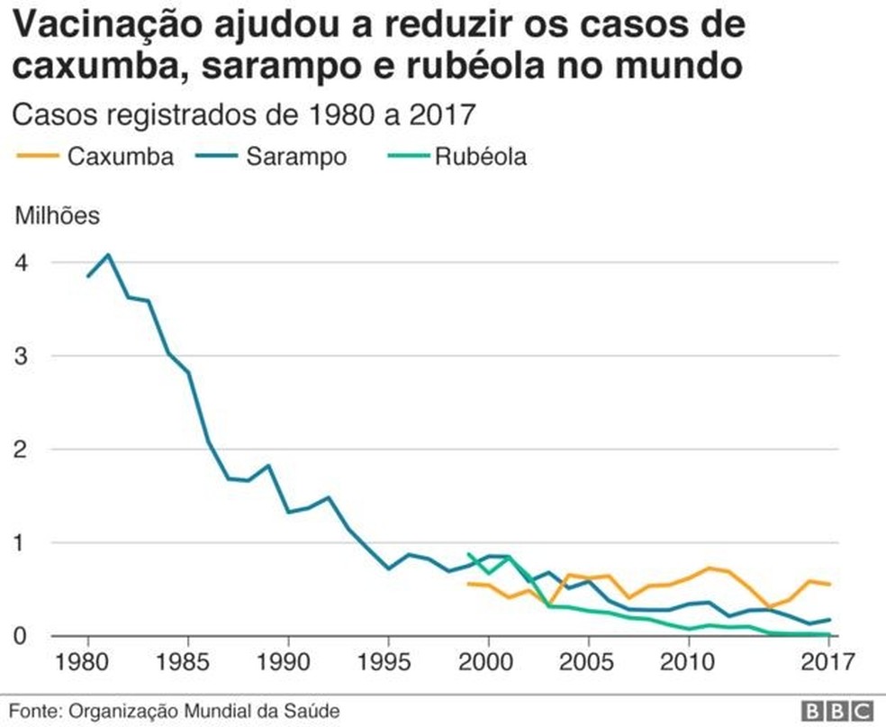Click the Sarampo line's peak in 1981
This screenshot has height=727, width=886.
tap(108, 255)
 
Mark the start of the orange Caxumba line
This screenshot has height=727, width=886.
tap(468, 584)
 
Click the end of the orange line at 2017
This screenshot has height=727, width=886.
tap(828, 585)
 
